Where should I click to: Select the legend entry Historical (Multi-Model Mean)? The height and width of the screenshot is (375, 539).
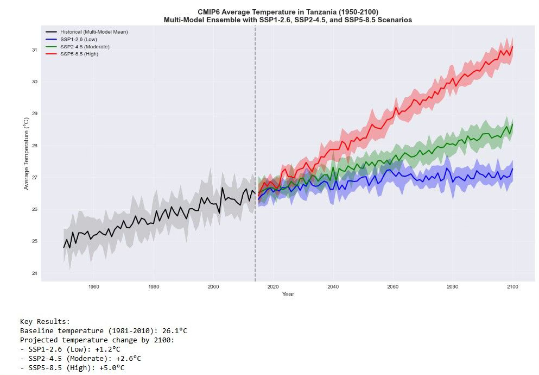tap(86, 32)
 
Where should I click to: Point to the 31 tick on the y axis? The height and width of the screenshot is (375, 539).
tap(34, 50)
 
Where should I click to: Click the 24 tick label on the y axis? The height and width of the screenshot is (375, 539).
tap(34, 273)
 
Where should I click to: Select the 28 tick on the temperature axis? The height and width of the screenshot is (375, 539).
tap(34, 146)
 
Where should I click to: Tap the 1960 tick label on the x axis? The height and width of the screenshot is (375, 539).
tap(93, 287)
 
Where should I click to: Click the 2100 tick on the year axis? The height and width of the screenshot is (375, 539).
tap(512, 287)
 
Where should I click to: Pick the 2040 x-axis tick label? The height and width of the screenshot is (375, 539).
tap(333, 287)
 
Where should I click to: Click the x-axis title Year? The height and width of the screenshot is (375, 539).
tap(288, 295)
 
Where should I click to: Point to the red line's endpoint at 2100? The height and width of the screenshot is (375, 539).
tap(512, 47)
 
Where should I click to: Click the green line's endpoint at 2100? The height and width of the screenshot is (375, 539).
tap(512, 124)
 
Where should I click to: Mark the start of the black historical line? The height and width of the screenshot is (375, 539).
tap(64, 247)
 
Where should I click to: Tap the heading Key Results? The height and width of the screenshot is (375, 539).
tap(45, 322)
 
